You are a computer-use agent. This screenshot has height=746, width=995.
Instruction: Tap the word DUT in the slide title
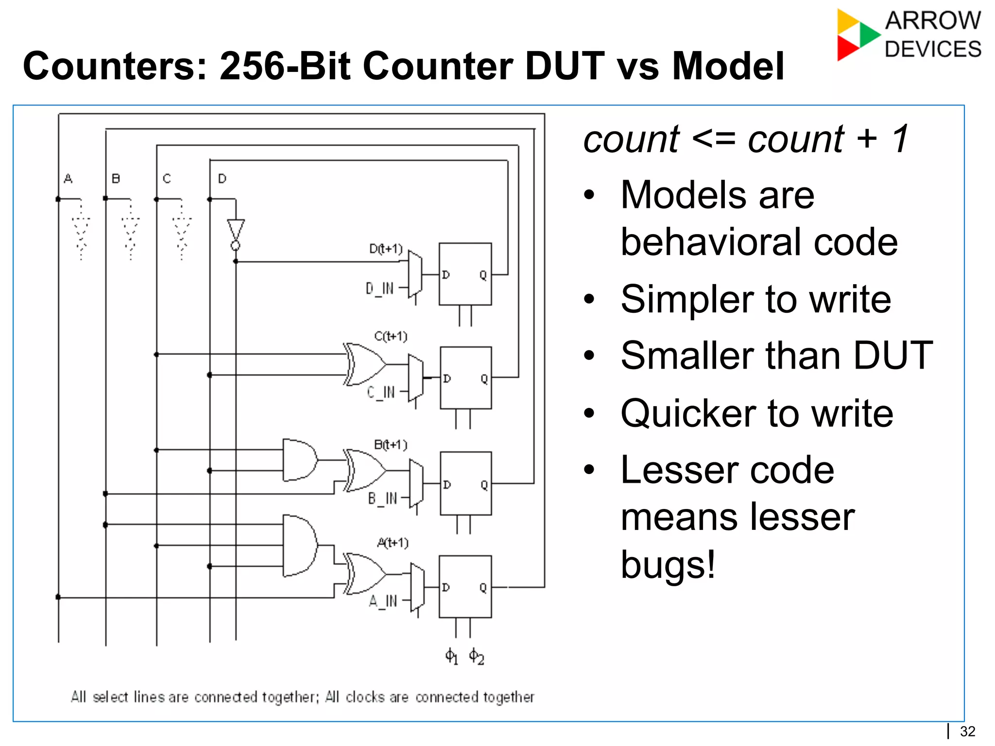(565, 67)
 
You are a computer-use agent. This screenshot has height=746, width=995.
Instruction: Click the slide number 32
(967, 731)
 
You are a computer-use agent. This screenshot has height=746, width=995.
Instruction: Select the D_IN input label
(379, 288)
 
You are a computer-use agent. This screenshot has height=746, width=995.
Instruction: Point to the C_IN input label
(380, 392)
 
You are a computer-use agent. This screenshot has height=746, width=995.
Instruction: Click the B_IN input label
(382, 499)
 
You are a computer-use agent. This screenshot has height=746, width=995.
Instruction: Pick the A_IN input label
(383, 602)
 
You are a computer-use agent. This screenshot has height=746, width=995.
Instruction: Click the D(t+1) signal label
(386, 249)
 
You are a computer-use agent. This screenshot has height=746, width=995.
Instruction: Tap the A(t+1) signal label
(393, 543)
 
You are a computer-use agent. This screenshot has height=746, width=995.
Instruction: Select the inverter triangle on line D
(236, 230)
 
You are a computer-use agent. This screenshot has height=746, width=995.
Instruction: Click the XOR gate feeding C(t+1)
(364, 364)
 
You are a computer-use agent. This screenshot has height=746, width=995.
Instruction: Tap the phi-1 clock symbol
(451, 657)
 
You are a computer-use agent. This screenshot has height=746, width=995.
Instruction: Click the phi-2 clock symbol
(476, 657)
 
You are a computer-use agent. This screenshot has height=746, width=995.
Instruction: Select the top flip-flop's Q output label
(482, 275)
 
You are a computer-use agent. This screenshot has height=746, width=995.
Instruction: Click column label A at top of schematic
(68, 179)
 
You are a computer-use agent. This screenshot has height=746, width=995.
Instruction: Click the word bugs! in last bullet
(668, 564)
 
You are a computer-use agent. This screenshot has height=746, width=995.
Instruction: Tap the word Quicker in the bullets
(687, 414)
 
